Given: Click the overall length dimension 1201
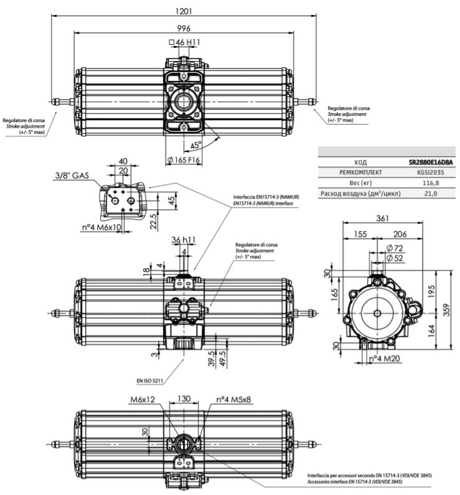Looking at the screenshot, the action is tap(184, 11).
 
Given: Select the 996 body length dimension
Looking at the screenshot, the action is tap(184, 29).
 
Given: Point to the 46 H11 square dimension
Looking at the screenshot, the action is tap(184, 42).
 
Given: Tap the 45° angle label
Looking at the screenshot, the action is tap(196, 145).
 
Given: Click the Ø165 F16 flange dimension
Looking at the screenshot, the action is tap(183, 160).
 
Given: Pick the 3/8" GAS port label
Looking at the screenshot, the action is tap(72, 176).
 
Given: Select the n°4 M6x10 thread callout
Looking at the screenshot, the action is tap(101, 227).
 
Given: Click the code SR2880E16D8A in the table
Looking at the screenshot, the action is tap(431, 163).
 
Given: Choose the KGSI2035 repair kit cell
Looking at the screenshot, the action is tap(431, 172).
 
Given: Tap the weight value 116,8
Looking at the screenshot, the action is tap(431, 183).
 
